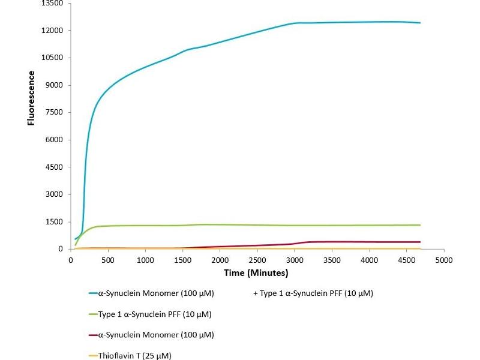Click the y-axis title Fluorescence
click(31, 98)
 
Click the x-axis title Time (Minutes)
click(256, 273)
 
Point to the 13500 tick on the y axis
click(52, 4)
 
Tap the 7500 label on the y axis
click(55, 113)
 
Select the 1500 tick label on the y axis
click(55, 222)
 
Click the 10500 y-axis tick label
click(52, 58)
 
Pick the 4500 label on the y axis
click(55, 167)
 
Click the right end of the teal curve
click(420, 23)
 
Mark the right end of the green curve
click(420, 225)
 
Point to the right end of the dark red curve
click(420, 242)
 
